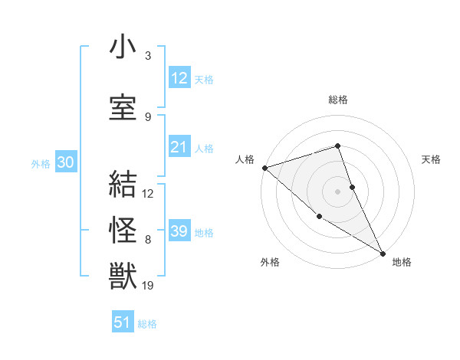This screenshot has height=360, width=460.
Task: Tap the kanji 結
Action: click(x=123, y=185)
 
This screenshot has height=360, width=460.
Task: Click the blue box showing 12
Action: click(x=179, y=78)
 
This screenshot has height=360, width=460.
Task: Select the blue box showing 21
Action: click(x=179, y=148)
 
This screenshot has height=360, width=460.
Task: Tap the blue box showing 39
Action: click(x=179, y=231)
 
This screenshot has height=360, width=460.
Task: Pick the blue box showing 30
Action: click(x=65, y=163)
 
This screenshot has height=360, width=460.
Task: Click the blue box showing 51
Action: click(x=123, y=322)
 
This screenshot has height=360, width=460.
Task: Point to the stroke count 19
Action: click(x=148, y=286)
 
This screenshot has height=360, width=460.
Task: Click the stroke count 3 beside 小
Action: click(x=147, y=56)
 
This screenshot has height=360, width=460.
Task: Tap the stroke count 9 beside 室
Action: click(x=147, y=116)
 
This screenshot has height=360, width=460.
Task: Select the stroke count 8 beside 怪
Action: click(x=147, y=240)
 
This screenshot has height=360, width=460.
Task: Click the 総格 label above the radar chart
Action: click(x=338, y=100)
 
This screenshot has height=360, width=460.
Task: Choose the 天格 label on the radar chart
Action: click(x=432, y=159)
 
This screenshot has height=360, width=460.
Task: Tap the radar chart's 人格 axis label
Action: click(x=245, y=159)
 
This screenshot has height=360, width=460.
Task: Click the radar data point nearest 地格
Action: click(x=383, y=253)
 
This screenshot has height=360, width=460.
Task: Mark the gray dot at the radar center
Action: click(x=337, y=191)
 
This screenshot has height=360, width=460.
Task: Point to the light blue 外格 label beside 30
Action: click(x=41, y=164)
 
